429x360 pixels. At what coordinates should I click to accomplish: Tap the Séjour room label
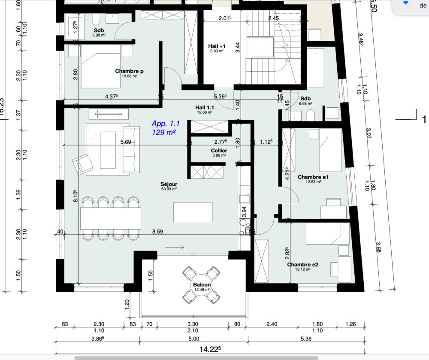point(169,183)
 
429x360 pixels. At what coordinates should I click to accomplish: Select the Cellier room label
point(219,151)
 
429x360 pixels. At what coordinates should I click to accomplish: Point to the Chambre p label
point(129,71)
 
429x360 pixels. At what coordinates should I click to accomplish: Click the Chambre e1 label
point(313,177)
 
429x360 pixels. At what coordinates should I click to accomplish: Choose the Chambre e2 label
point(302,265)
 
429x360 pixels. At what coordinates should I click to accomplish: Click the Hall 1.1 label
point(205,107)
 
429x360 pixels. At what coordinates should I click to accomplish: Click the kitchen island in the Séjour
point(192,212)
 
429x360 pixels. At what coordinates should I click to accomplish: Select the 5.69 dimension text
point(126,142)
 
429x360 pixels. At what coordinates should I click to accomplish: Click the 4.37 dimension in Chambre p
point(112,97)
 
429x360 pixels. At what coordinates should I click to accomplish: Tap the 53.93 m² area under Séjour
point(169,189)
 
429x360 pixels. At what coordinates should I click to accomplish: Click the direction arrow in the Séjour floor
point(174,247)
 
